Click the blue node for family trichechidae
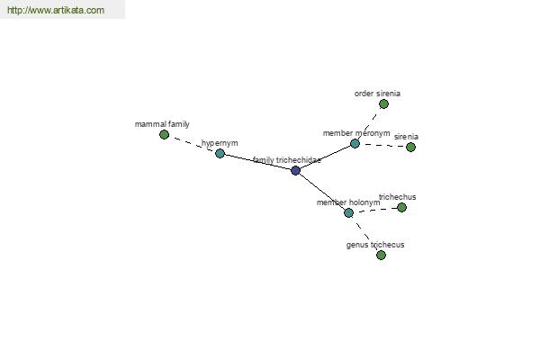click(295, 170)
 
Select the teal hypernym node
click(220, 153)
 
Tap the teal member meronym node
click(355, 143)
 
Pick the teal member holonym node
click(348, 212)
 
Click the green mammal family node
click(165, 134)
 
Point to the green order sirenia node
click(383, 103)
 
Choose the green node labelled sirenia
click(410, 147)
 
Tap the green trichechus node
click(401, 207)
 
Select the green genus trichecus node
click(381, 255)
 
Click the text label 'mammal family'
click(162, 124)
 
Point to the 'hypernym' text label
click(220, 143)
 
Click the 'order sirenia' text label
click(377, 94)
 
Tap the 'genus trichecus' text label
click(375, 245)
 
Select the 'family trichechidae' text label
click(287, 160)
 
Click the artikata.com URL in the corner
click(56, 10)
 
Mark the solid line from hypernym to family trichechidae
click(257, 162)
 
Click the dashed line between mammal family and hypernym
click(193, 144)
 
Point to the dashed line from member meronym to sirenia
click(382, 145)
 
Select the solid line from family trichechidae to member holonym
click(322, 192)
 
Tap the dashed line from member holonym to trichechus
click(375, 210)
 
